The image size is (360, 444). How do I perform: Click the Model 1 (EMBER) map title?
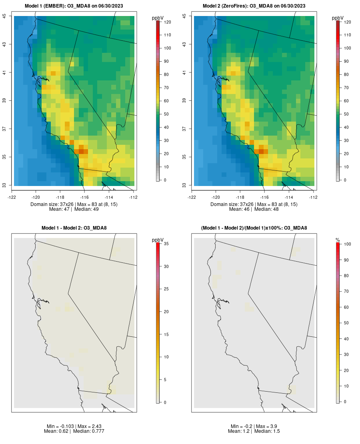click(x=74, y=6)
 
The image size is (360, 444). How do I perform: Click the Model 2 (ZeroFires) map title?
click(x=254, y=6)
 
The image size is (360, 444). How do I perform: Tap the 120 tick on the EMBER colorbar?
click(x=168, y=22)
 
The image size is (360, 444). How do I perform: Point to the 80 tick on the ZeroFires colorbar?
click(x=347, y=75)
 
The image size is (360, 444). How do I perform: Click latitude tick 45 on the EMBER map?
click(x=4, y=16)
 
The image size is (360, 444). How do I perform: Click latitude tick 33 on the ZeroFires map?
click(x=184, y=185)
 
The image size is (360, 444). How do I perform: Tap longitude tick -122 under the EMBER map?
click(x=12, y=197)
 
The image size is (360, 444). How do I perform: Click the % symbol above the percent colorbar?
click(x=338, y=240)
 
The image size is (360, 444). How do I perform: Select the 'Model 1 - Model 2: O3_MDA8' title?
click(x=74, y=228)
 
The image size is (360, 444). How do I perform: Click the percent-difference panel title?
click(x=254, y=228)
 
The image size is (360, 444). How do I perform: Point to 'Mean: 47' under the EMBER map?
click(x=59, y=209)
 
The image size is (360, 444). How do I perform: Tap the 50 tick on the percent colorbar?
click(x=348, y=323)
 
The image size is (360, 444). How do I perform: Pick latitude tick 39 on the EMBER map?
click(x=4, y=100)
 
